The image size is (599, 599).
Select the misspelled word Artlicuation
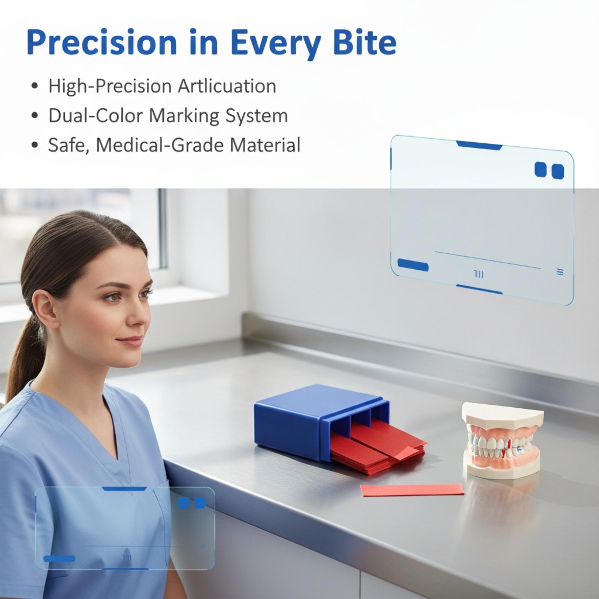pos(227,86)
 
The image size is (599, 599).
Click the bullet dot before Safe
pos(35,145)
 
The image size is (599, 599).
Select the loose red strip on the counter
pos(412,490)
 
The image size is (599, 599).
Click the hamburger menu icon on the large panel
pos(560,272)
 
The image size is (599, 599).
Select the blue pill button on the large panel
pos(413,265)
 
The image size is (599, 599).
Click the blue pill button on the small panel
pos(59,559)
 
